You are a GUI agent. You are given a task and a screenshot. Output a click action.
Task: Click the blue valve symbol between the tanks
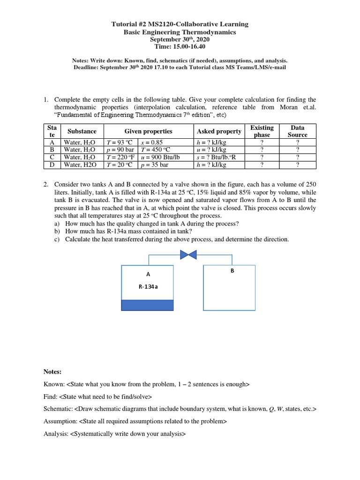point(188,254)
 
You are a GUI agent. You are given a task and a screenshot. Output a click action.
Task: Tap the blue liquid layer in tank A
point(147,305)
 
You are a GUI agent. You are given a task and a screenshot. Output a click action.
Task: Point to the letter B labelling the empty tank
point(232,270)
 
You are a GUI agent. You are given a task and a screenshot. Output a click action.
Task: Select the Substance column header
point(82,131)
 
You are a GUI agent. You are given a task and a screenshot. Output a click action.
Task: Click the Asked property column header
point(219,131)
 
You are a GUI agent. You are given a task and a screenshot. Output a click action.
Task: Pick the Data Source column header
point(297,131)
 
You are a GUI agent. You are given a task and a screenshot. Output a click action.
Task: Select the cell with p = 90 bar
point(121,150)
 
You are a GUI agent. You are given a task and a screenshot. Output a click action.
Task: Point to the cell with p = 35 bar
point(154,165)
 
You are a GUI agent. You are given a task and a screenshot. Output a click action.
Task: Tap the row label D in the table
point(52,165)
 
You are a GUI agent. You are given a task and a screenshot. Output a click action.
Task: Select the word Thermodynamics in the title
point(210,32)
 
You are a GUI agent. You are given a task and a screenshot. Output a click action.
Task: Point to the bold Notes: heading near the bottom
point(52,371)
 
